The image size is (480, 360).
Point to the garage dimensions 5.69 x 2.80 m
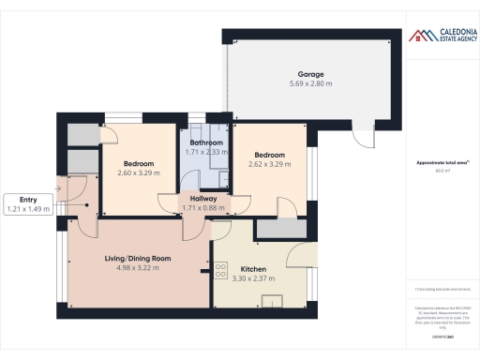pyautogui.click(x=310, y=83)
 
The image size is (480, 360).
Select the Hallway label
pyautogui.click(x=203, y=199)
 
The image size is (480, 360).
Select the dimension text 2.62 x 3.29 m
pyautogui.click(x=268, y=163)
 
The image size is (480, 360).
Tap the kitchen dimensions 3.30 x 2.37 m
pyautogui.click(x=255, y=278)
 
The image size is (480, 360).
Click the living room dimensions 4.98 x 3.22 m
pyautogui.click(x=138, y=267)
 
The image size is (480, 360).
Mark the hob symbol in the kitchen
pyautogui.click(x=221, y=270)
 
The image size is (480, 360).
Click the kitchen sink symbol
pyautogui.click(x=272, y=300)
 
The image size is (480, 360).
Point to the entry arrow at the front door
pyautogui.click(x=58, y=187)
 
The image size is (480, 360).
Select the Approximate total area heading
pyautogui.click(x=441, y=162)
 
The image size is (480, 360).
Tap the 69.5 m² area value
pyautogui.click(x=441, y=172)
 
